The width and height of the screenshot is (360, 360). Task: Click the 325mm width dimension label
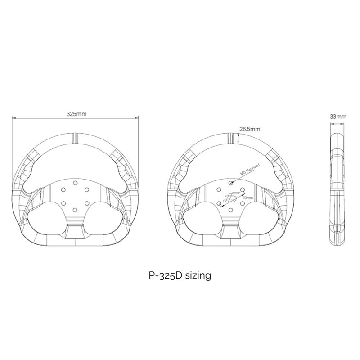[x=75, y=114]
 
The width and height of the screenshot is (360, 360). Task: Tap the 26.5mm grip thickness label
[x=250, y=129]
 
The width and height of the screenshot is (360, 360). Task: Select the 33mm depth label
[x=338, y=116]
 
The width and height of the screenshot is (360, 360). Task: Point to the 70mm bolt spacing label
[x=247, y=198]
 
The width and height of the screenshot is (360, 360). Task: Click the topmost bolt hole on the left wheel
[x=75, y=183]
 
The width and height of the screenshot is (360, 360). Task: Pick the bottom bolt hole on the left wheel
[x=75, y=208]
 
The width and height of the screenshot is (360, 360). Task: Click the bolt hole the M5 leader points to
[x=231, y=183]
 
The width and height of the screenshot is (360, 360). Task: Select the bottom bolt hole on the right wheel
[x=231, y=208]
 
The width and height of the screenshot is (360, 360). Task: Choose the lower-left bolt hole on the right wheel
[x=220, y=202]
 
